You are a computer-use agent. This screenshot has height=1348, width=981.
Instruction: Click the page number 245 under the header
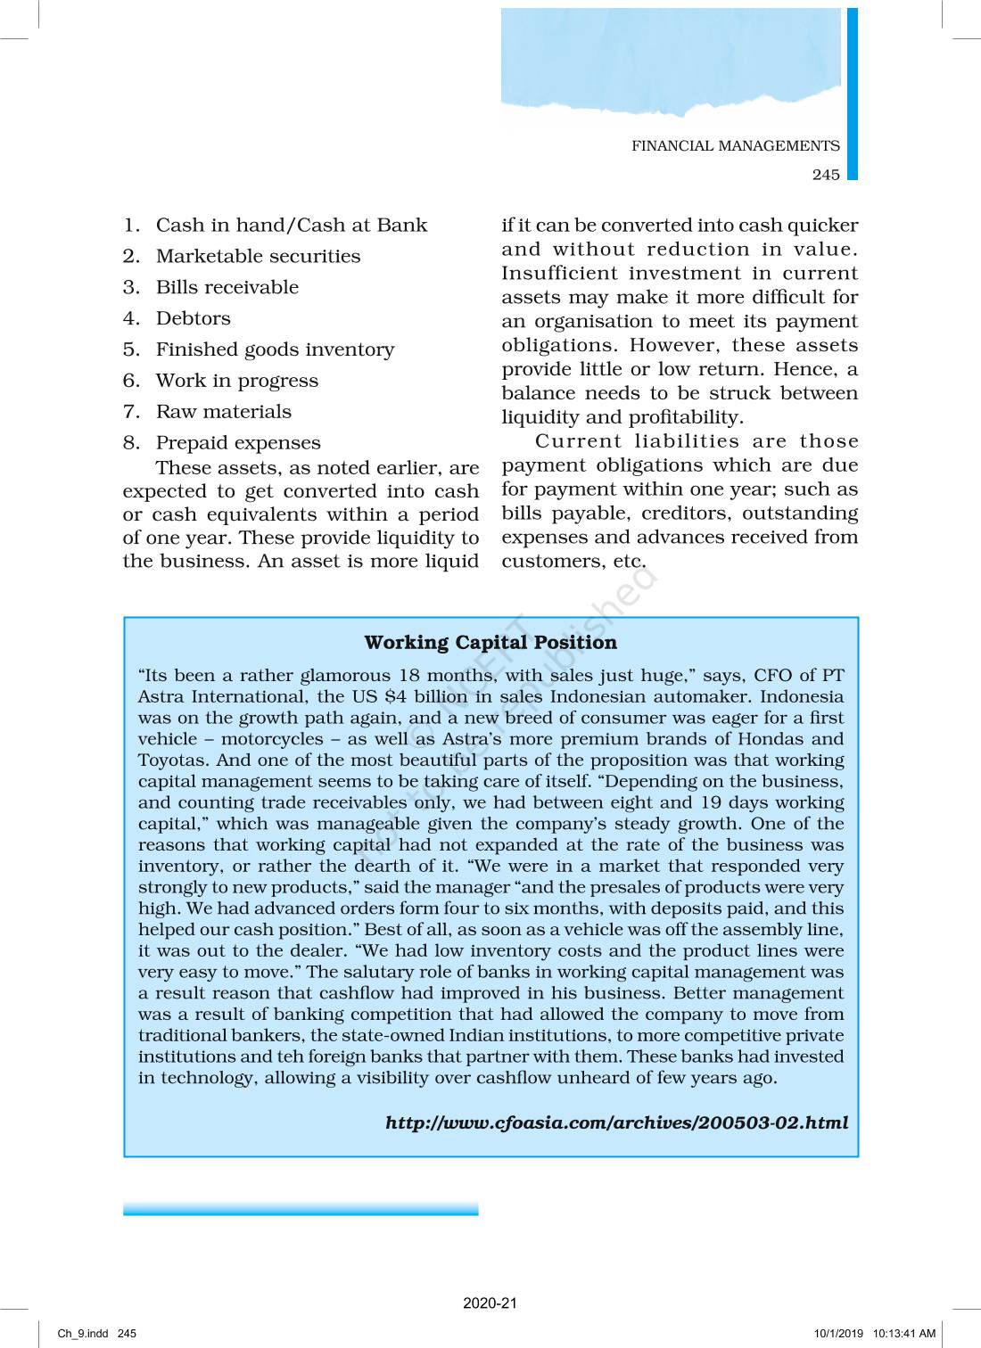pos(826,175)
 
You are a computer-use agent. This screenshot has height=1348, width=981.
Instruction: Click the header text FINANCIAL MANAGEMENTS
pos(736,146)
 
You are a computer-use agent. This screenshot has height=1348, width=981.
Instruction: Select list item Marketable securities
pos(258,257)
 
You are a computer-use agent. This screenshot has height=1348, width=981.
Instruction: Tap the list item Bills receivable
pos(227,288)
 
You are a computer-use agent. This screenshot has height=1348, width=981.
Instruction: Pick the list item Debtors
pos(193,319)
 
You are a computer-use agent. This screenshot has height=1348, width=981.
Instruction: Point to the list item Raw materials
pos(223,412)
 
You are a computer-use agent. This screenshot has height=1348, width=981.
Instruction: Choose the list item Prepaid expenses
pos(238,443)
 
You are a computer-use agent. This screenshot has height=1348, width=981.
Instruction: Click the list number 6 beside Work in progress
pos(131,381)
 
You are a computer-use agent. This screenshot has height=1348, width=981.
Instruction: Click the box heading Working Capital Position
pos(490,643)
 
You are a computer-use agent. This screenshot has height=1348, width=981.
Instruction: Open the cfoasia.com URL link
pos(616,1122)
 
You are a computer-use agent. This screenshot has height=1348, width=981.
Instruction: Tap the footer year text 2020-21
pos(490,1303)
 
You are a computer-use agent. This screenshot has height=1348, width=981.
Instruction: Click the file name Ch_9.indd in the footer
pos(83,1334)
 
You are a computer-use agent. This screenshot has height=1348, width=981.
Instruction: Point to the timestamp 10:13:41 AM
pos(904,1334)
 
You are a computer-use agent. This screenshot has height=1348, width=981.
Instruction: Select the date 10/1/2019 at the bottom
pos(838,1334)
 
